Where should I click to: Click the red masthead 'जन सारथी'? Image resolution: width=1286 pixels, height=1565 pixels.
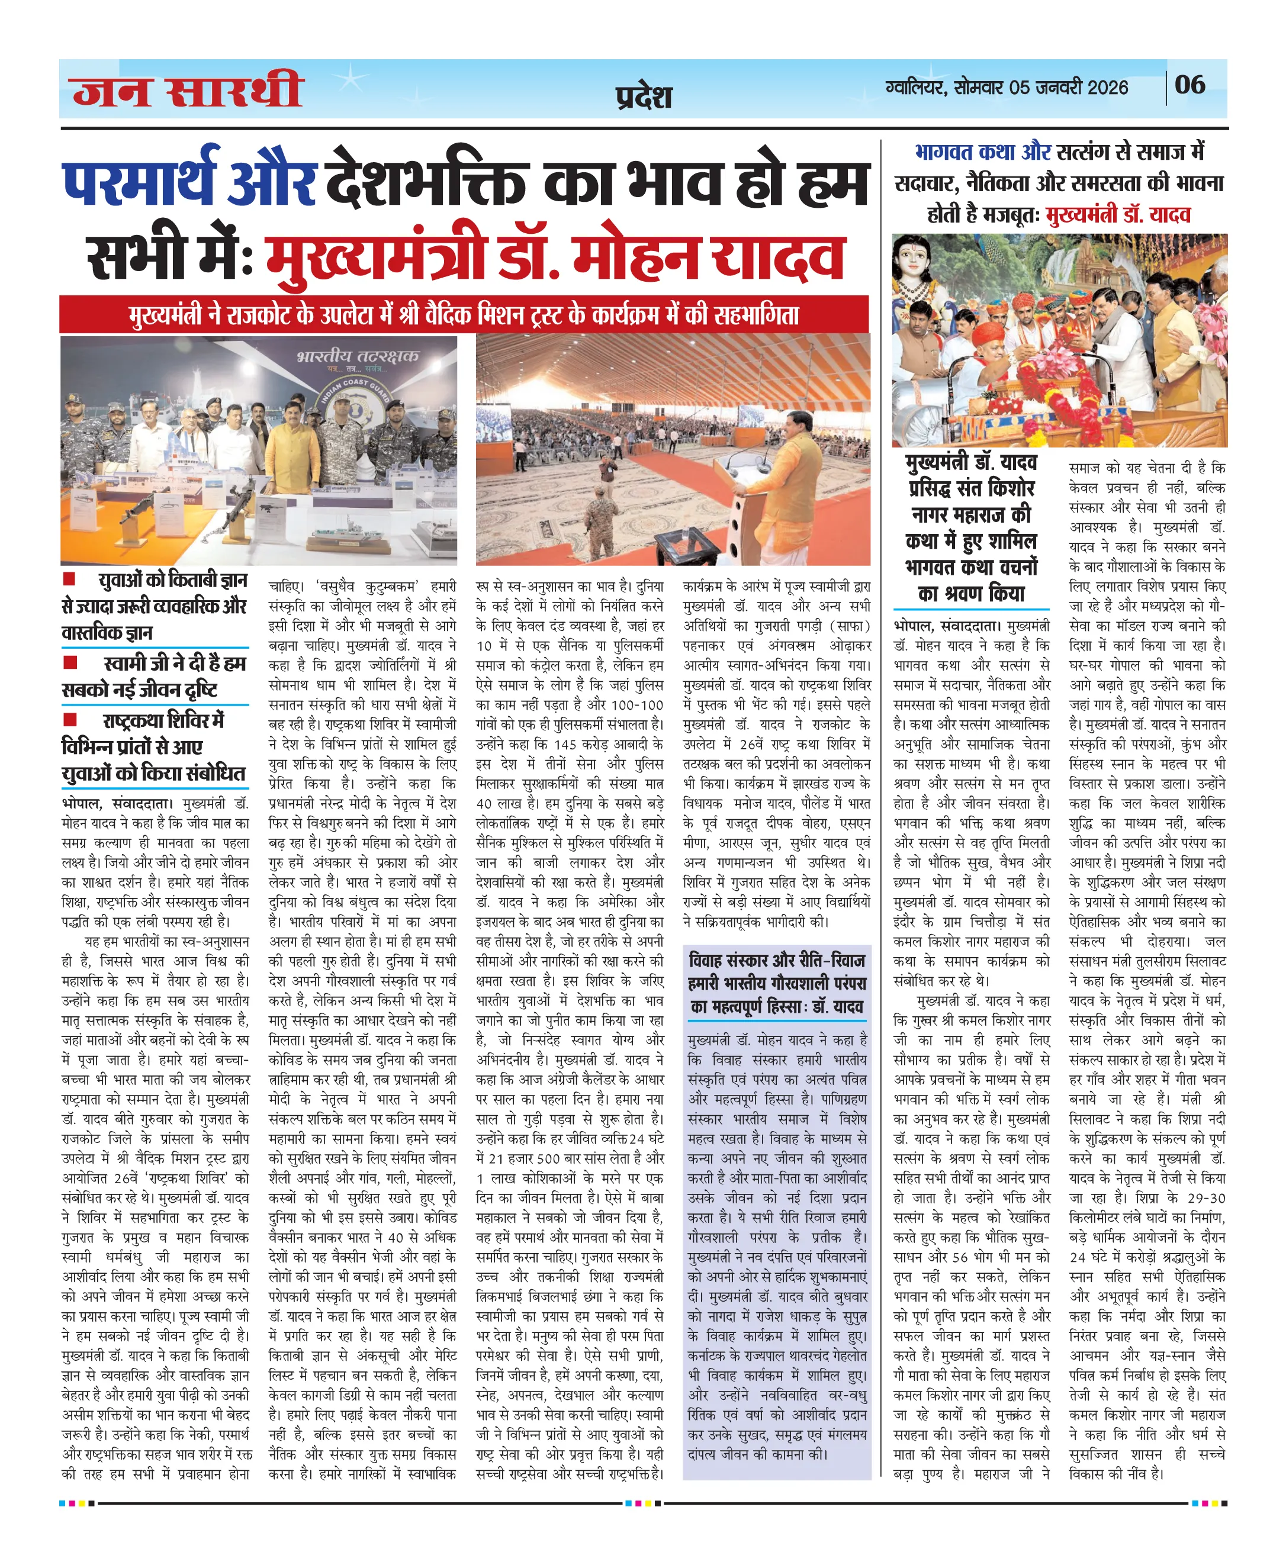[x=188, y=91]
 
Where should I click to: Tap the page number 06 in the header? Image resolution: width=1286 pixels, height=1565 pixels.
[x=1189, y=85]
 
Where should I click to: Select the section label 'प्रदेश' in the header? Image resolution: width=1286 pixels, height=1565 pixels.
[x=643, y=97]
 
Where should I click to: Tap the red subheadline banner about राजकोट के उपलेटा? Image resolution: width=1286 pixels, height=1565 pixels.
[x=464, y=315]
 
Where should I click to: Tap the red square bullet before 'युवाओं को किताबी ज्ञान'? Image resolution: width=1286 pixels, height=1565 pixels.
[x=70, y=578]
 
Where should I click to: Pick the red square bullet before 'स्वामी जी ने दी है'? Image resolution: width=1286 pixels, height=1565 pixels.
[x=70, y=661]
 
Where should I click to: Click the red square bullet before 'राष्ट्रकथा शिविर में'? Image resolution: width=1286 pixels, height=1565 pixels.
[x=70, y=719]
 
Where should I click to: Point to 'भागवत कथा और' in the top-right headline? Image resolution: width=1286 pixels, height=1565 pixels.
[x=982, y=152]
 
